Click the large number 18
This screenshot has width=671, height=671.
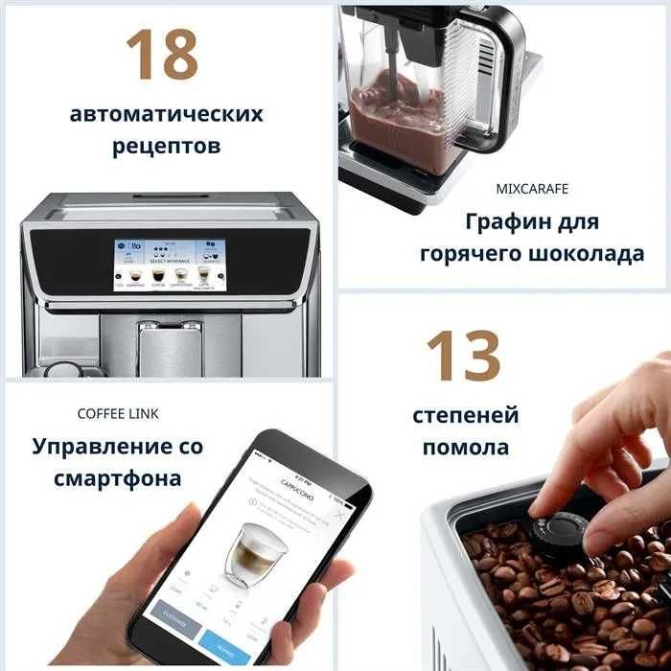(162, 55)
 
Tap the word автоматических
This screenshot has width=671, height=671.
(167, 114)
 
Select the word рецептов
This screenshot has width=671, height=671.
(167, 147)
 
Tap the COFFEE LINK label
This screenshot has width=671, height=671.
(118, 413)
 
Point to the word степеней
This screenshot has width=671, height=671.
(466, 415)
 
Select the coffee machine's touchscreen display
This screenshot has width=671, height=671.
(168, 264)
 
